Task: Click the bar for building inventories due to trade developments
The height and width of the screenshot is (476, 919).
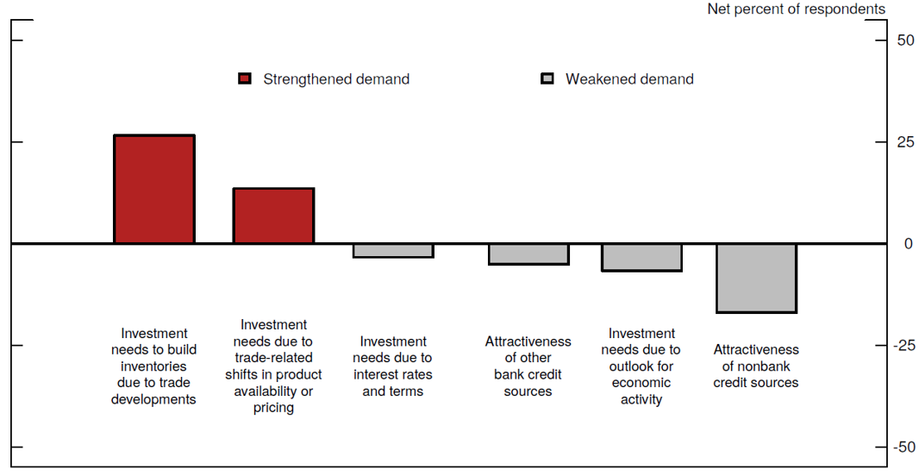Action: (154, 189)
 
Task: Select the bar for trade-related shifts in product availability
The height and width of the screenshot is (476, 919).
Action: (273, 216)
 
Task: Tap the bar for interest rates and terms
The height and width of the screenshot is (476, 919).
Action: (393, 250)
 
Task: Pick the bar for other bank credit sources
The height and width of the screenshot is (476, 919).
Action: (528, 254)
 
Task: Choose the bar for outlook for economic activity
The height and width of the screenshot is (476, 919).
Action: (641, 257)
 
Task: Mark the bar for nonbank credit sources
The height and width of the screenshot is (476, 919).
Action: (756, 278)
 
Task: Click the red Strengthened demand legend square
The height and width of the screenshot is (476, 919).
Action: (245, 79)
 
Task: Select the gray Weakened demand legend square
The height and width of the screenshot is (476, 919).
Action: (547, 79)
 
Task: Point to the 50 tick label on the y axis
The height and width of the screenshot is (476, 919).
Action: (905, 41)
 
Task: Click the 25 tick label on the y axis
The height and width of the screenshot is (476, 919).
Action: (905, 142)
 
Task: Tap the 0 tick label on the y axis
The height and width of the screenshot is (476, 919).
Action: (908, 244)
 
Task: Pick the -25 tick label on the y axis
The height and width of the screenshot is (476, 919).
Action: (903, 346)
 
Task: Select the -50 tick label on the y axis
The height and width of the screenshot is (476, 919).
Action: (903, 448)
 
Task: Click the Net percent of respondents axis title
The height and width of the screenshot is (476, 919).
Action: (796, 9)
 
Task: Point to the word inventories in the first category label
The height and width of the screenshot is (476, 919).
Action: (154, 366)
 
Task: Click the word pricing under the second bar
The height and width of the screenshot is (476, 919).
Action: (273, 408)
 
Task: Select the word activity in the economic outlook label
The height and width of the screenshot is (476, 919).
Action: (641, 399)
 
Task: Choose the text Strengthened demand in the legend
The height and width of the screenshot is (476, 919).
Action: (336, 79)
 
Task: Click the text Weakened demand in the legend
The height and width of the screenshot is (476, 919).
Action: (629, 79)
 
